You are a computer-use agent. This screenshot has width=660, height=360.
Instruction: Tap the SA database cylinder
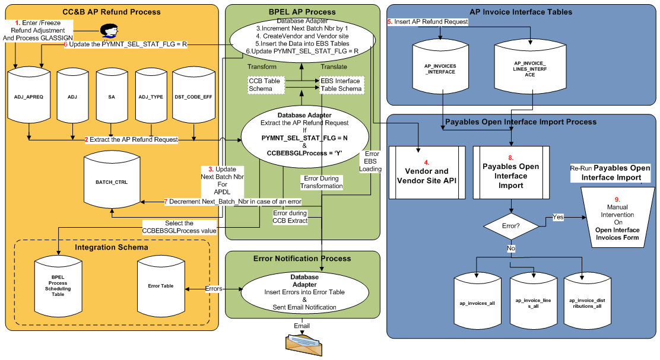pos(112,95)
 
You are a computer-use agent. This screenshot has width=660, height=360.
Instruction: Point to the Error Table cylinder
pos(160,286)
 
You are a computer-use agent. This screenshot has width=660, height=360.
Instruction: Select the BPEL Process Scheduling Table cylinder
pos(58,286)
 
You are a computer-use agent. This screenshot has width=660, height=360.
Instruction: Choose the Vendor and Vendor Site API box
pos(426,172)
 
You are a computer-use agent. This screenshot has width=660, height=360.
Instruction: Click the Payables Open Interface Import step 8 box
pos(510,172)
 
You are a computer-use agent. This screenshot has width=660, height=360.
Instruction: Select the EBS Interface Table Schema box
pos(341,84)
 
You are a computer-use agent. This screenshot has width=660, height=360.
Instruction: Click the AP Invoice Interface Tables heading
pos(521,12)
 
